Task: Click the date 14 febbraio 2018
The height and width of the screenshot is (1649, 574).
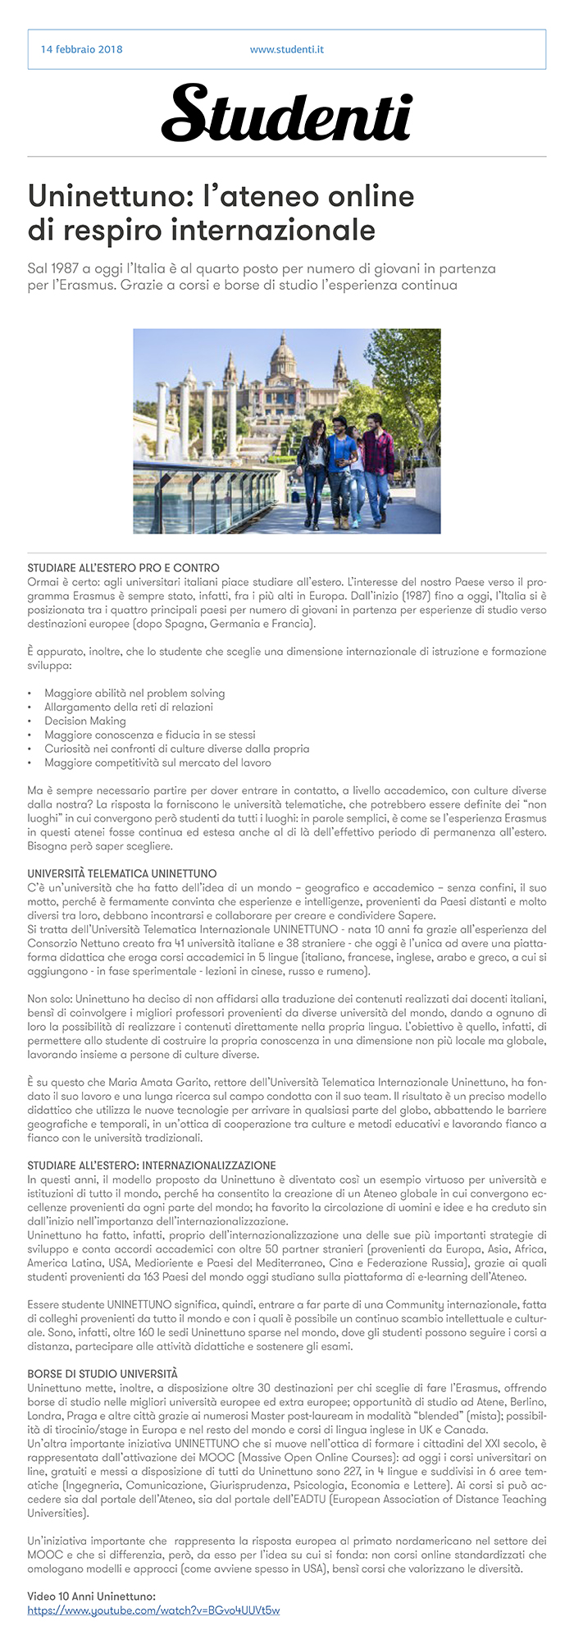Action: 81,49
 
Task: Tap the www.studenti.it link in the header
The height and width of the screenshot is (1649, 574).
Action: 286,49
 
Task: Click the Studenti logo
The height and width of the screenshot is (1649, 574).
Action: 286,113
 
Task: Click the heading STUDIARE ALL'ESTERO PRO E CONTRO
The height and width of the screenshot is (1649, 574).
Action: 123,567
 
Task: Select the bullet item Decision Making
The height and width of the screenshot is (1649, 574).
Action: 85,721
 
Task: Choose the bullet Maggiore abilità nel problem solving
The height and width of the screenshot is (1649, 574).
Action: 134,693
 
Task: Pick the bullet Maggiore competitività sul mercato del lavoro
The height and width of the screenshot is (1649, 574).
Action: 157,763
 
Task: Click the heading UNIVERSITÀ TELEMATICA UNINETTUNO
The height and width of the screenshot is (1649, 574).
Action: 121,873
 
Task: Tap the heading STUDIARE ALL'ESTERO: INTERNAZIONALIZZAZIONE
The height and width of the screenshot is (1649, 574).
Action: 151,1166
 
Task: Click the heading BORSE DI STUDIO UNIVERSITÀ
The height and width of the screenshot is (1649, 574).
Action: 102,1373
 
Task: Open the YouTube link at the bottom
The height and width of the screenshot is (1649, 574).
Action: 153,1610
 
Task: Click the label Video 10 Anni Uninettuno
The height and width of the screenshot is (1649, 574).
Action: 91,1596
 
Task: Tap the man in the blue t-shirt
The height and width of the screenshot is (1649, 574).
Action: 341,460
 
